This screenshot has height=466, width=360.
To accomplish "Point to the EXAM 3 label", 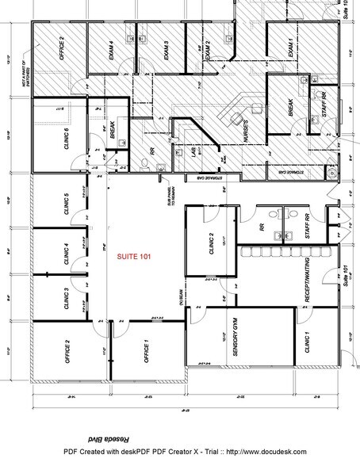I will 167,52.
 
